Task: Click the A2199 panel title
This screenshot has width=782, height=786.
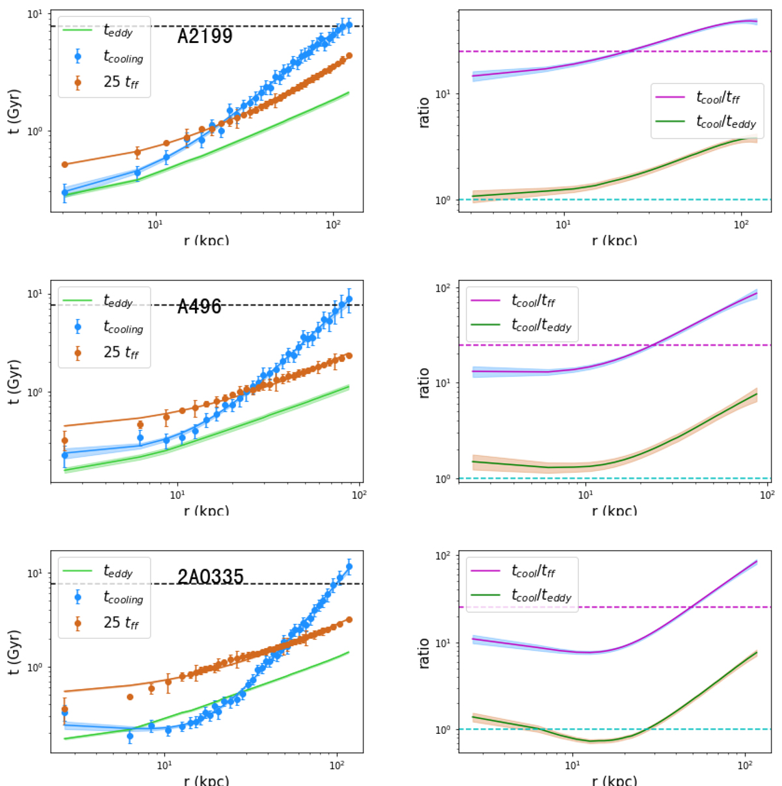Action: [x=205, y=36]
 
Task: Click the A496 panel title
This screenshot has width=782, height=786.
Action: [x=199, y=306]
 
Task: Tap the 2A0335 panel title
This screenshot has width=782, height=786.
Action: [x=210, y=576]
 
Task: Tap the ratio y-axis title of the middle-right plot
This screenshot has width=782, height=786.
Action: [x=424, y=382]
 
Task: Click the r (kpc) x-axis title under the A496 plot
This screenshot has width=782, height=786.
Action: [x=206, y=511]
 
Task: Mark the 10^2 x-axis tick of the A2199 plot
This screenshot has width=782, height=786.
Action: [x=333, y=225]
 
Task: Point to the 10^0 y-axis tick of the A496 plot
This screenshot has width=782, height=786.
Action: [x=35, y=393]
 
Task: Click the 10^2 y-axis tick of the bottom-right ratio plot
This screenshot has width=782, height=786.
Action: [x=442, y=556]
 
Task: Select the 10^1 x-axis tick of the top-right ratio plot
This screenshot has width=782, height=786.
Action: [x=563, y=225]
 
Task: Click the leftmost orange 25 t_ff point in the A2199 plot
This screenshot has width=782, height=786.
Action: [x=65, y=165]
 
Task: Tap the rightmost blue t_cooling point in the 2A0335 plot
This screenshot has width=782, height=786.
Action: [x=349, y=567]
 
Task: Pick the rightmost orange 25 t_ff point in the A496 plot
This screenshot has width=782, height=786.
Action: [x=349, y=356]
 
